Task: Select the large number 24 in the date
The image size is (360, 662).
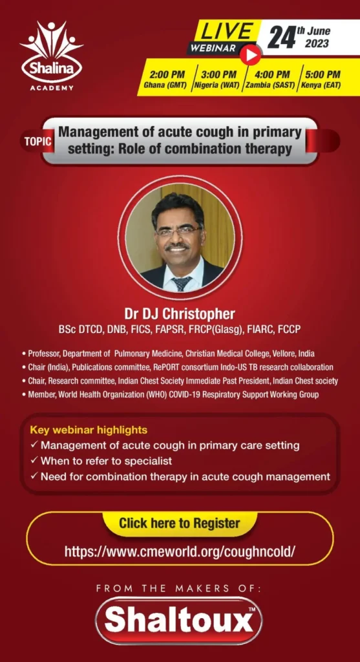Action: pos(281,38)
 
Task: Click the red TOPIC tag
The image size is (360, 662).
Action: pos(37,142)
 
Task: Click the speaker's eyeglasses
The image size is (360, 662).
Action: pos(178,231)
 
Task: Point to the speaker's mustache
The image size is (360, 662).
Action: pos(178,246)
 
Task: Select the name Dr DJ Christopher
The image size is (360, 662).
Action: pos(180,314)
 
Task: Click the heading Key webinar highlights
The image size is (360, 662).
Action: pos(89,430)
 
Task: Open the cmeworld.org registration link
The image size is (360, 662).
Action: pos(180,551)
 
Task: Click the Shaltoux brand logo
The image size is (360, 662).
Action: pos(179,620)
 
